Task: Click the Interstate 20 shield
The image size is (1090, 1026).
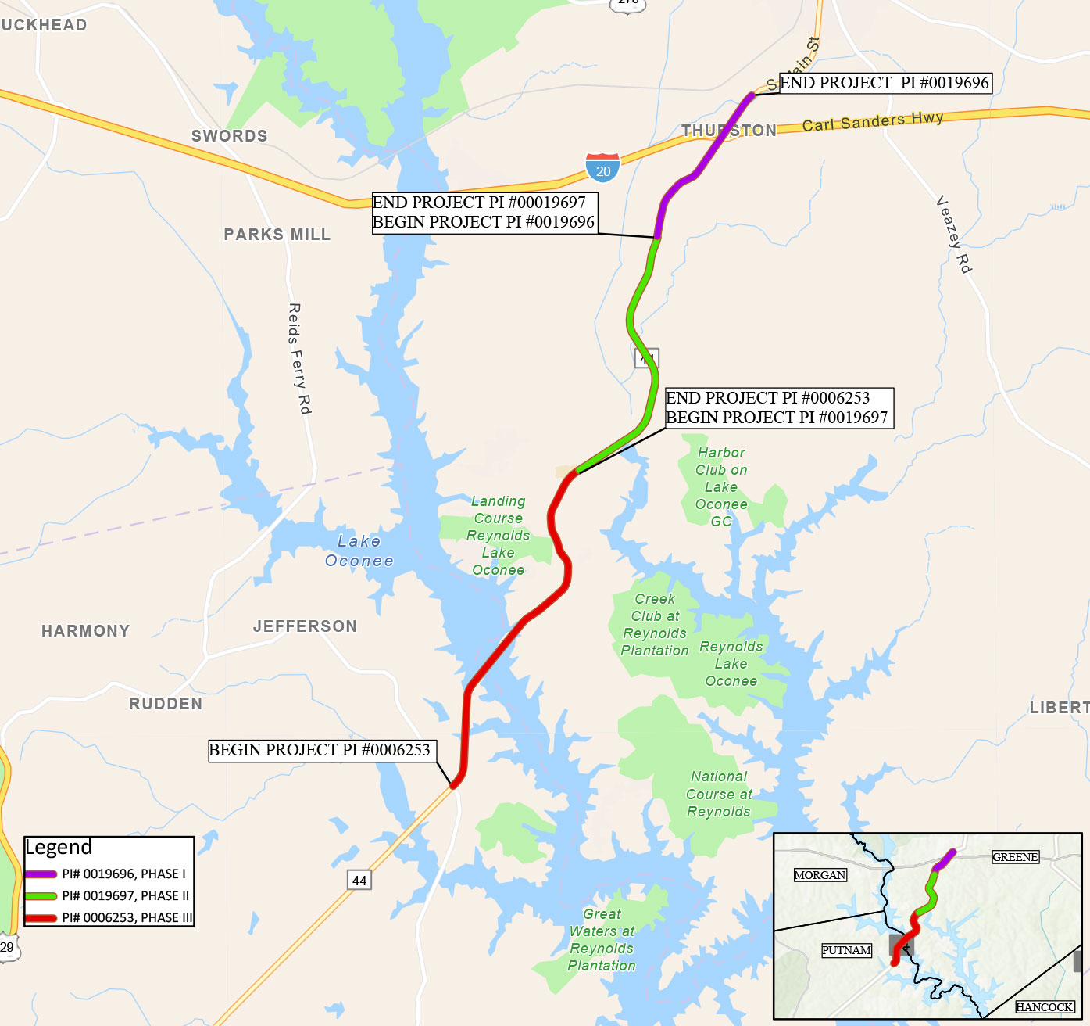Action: [x=602, y=168]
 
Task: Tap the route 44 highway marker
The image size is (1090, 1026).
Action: [x=359, y=880]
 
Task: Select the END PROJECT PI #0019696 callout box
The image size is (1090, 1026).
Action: [x=885, y=83]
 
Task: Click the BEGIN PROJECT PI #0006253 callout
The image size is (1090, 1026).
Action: [x=320, y=750]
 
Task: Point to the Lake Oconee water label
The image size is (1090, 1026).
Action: [x=359, y=551]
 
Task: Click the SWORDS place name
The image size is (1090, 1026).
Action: [x=229, y=136]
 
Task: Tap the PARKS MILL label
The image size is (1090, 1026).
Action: [x=277, y=235]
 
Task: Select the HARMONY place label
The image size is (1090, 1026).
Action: [x=85, y=631]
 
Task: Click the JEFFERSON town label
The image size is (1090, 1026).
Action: [x=305, y=626]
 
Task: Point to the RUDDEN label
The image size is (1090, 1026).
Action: [x=166, y=704]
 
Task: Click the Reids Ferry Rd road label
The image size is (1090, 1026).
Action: [x=299, y=359]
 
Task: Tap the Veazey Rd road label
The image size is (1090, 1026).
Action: [x=954, y=235]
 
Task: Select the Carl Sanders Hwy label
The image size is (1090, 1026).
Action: [x=873, y=121]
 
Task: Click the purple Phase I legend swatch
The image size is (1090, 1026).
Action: [x=41, y=874]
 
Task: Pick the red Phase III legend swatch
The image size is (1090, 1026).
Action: [x=41, y=918]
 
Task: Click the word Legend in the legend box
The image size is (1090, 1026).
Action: [x=59, y=848]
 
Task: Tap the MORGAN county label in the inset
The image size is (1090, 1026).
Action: [x=820, y=875]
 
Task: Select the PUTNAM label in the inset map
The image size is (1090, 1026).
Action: [x=846, y=950]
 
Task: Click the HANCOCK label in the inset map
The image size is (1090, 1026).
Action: [x=1044, y=1007]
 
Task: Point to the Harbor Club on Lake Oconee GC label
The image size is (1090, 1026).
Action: [x=721, y=486]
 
